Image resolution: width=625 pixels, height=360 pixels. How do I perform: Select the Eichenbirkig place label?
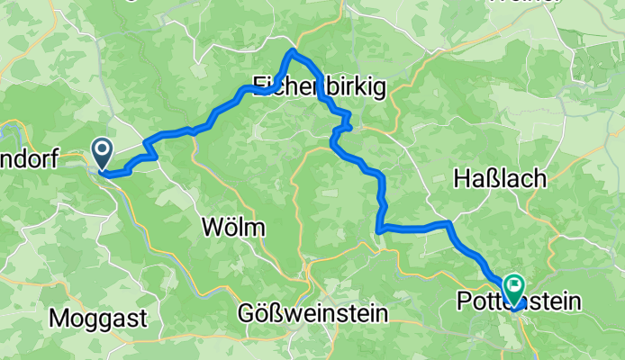tap(319, 86)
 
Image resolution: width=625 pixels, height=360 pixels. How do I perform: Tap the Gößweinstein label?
tap(313, 314)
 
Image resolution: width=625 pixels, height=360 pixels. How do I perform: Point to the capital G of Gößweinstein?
tap(247, 314)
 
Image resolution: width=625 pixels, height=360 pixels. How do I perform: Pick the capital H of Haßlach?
tap(457, 179)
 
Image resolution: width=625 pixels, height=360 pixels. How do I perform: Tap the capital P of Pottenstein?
tap(466, 301)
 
